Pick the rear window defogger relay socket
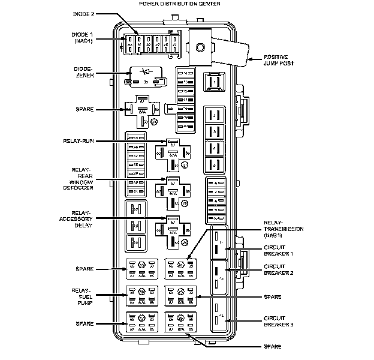173,191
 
